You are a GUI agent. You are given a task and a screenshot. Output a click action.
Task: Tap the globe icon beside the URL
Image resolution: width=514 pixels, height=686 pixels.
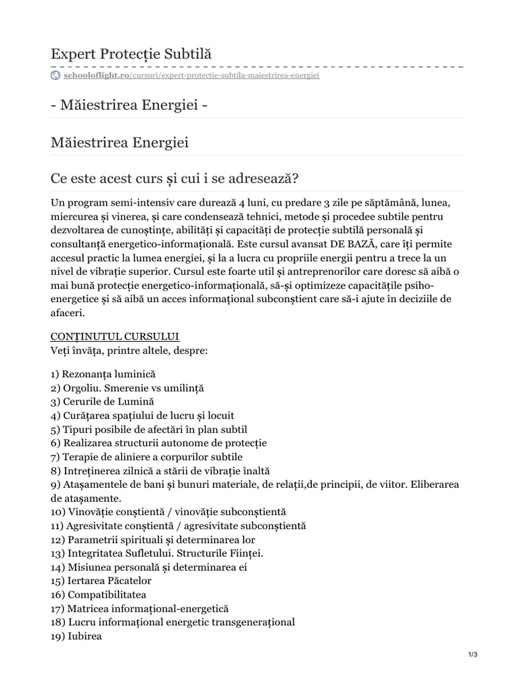(x=55, y=75)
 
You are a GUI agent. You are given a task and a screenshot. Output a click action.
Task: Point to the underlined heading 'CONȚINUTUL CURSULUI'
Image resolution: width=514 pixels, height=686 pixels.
(x=114, y=336)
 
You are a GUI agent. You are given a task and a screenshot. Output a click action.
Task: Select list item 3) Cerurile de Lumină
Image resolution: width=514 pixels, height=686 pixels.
(x=102, y=401)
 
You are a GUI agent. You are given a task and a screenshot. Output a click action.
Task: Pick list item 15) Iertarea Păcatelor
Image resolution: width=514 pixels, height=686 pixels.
(x=101, y=580)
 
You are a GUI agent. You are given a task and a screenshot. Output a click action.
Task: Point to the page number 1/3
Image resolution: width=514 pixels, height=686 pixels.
(x=473, y=655)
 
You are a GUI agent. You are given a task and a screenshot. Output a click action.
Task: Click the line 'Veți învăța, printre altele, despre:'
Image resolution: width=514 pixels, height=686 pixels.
(x=130, y=350)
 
